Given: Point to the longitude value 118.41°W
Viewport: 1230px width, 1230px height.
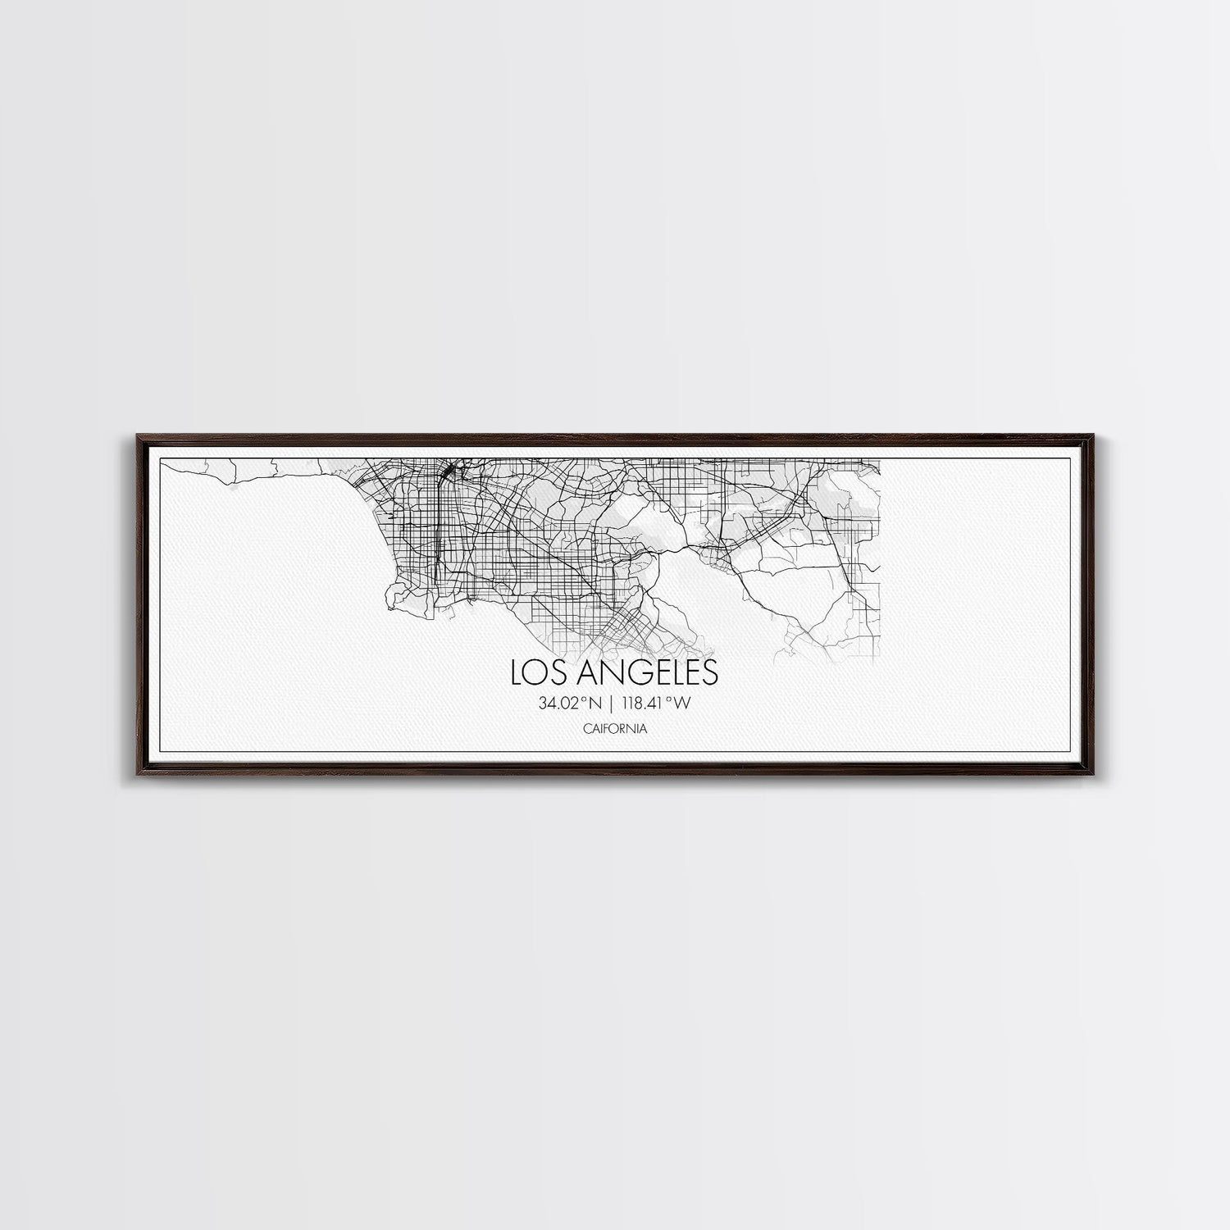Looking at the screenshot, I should (658, 703).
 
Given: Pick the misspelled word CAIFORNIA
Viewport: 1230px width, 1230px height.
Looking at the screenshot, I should (614, 728).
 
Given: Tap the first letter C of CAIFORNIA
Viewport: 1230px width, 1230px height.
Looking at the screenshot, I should (587, 728).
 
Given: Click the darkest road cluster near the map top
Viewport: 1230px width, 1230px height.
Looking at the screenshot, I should (449, 473).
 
